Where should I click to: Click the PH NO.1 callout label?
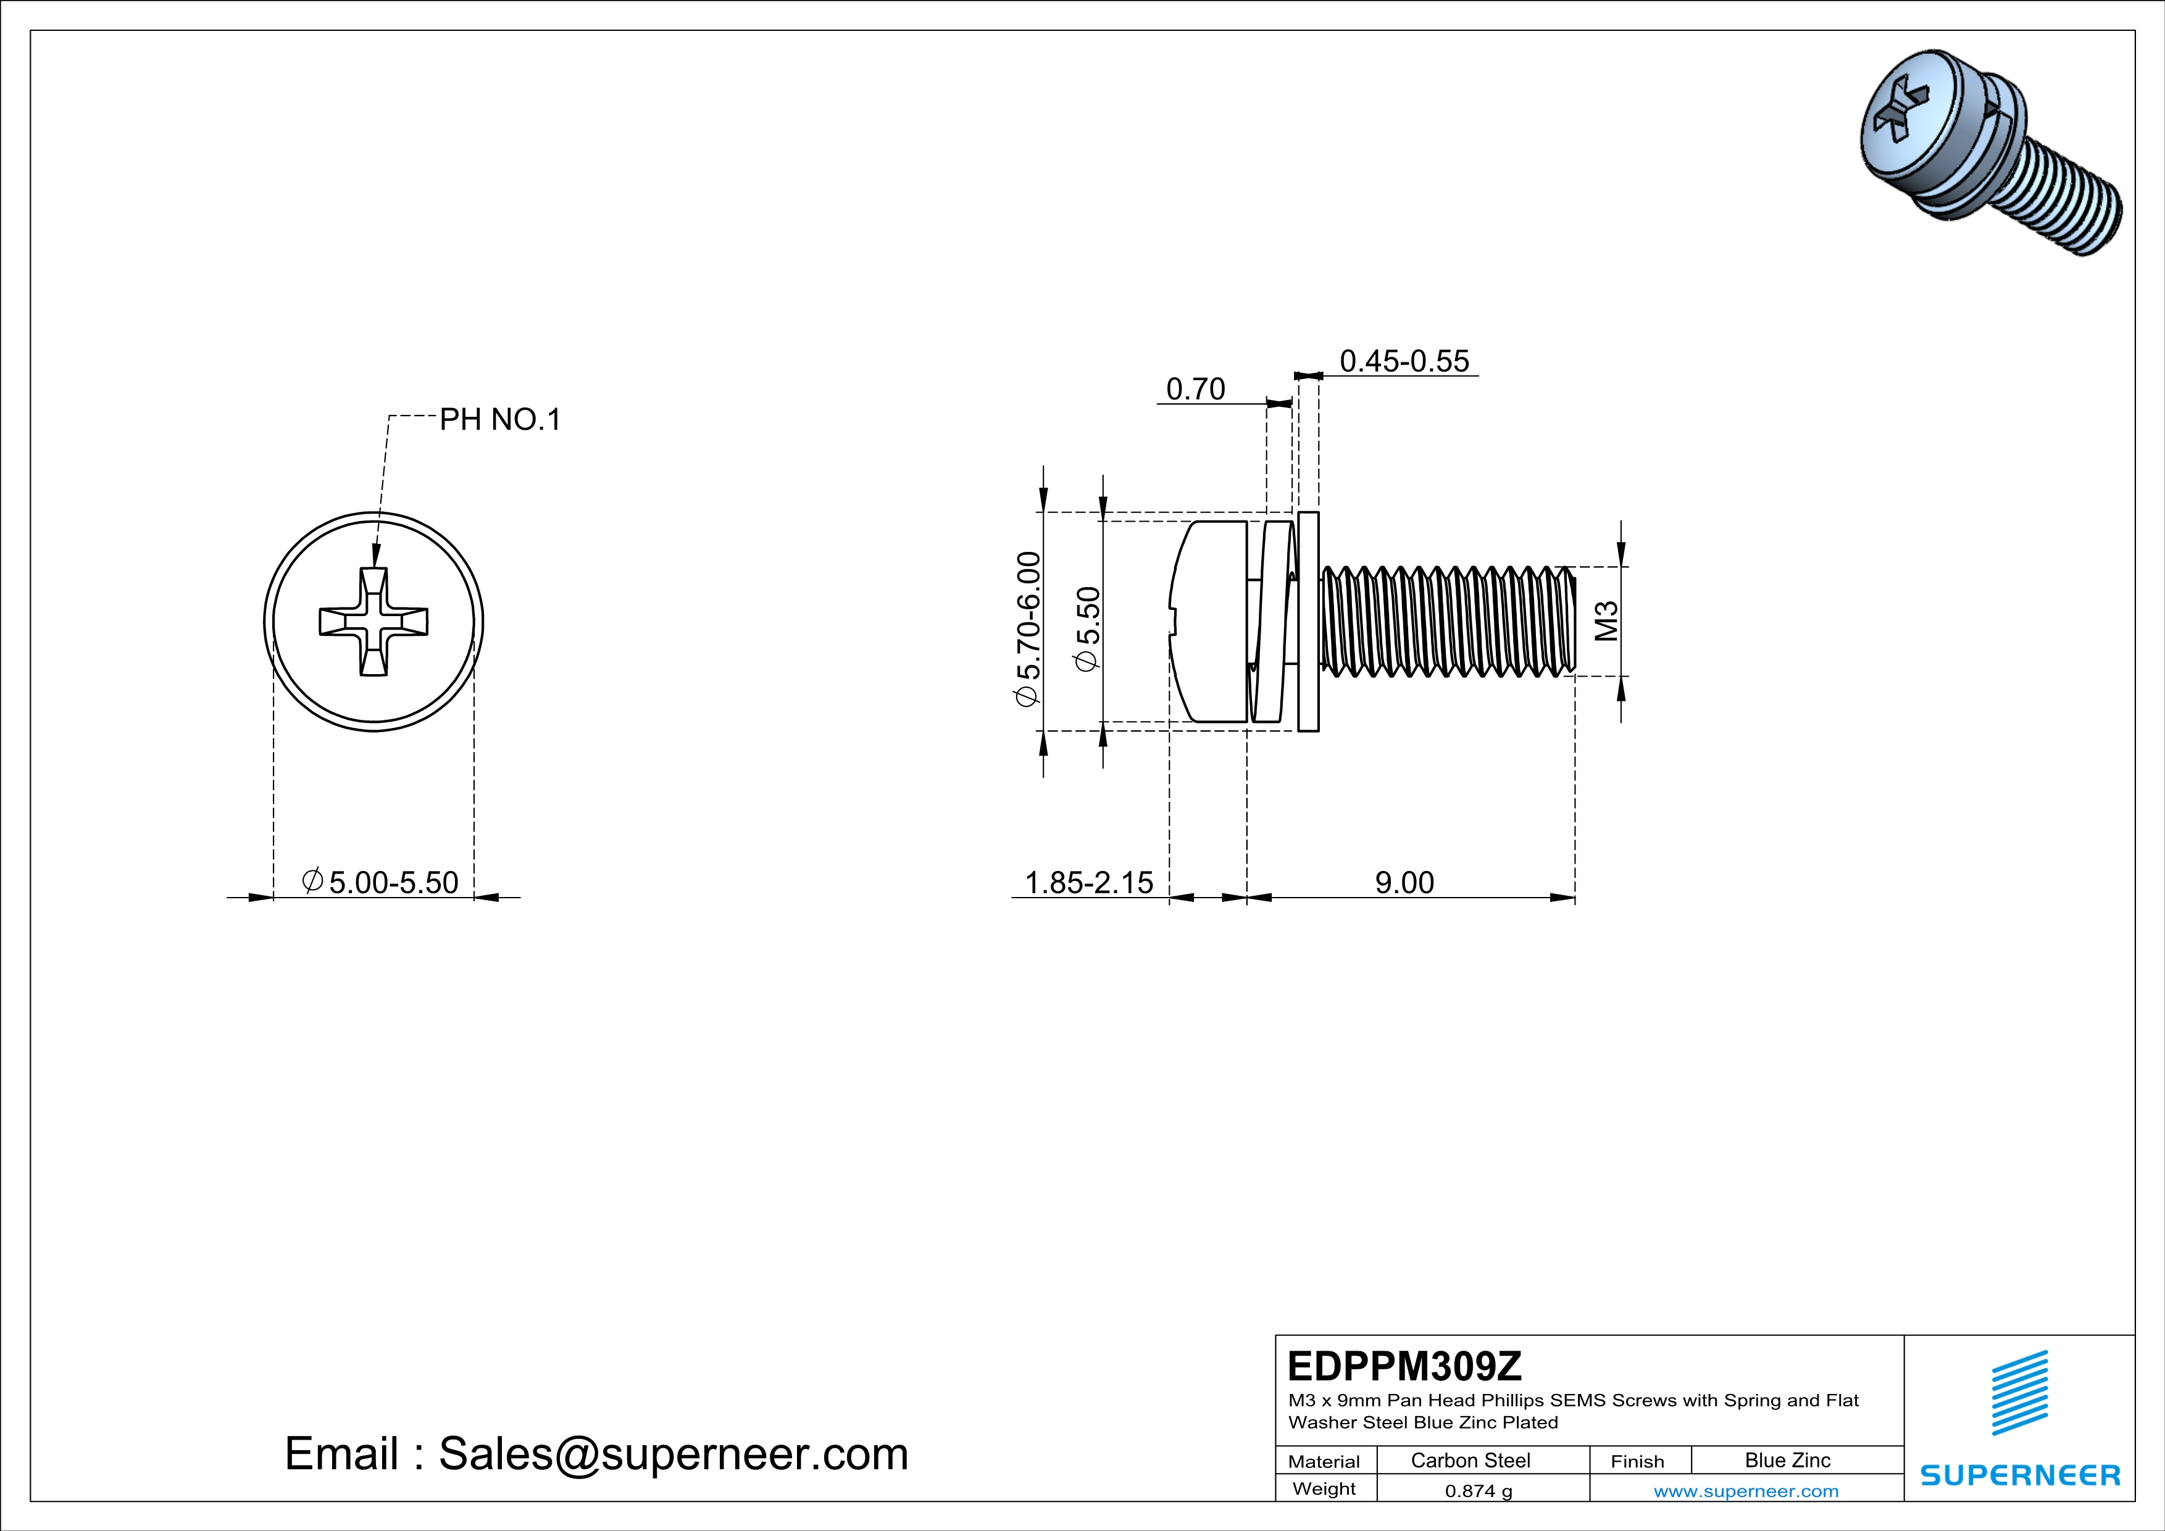point(500,420)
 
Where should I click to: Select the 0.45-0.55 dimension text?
point(1404,361)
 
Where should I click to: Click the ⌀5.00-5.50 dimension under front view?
point(380,882)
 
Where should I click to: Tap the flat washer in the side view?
point(1308,622)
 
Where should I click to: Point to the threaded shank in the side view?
point(1448,622)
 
